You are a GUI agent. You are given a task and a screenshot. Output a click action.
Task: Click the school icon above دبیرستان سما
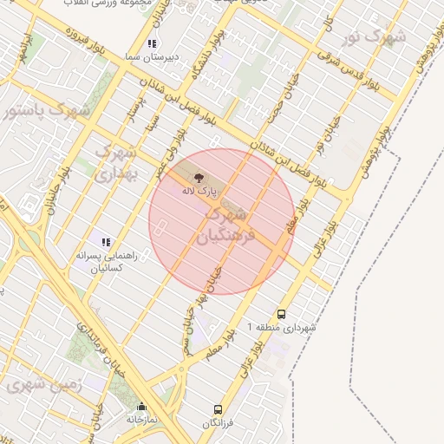coord(153,43)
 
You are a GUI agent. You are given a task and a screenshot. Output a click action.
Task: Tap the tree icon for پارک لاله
coord(199,176)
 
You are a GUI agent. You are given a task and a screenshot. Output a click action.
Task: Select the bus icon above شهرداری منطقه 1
coord(281,314)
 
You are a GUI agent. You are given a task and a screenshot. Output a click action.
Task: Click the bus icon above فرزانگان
coord(218,408)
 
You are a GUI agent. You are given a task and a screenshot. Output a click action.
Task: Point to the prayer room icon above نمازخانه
coord(141,406)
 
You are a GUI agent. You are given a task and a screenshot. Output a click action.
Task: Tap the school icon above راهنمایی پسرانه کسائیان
coord(106,242)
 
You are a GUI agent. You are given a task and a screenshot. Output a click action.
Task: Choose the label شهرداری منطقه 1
coord(283,328)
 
